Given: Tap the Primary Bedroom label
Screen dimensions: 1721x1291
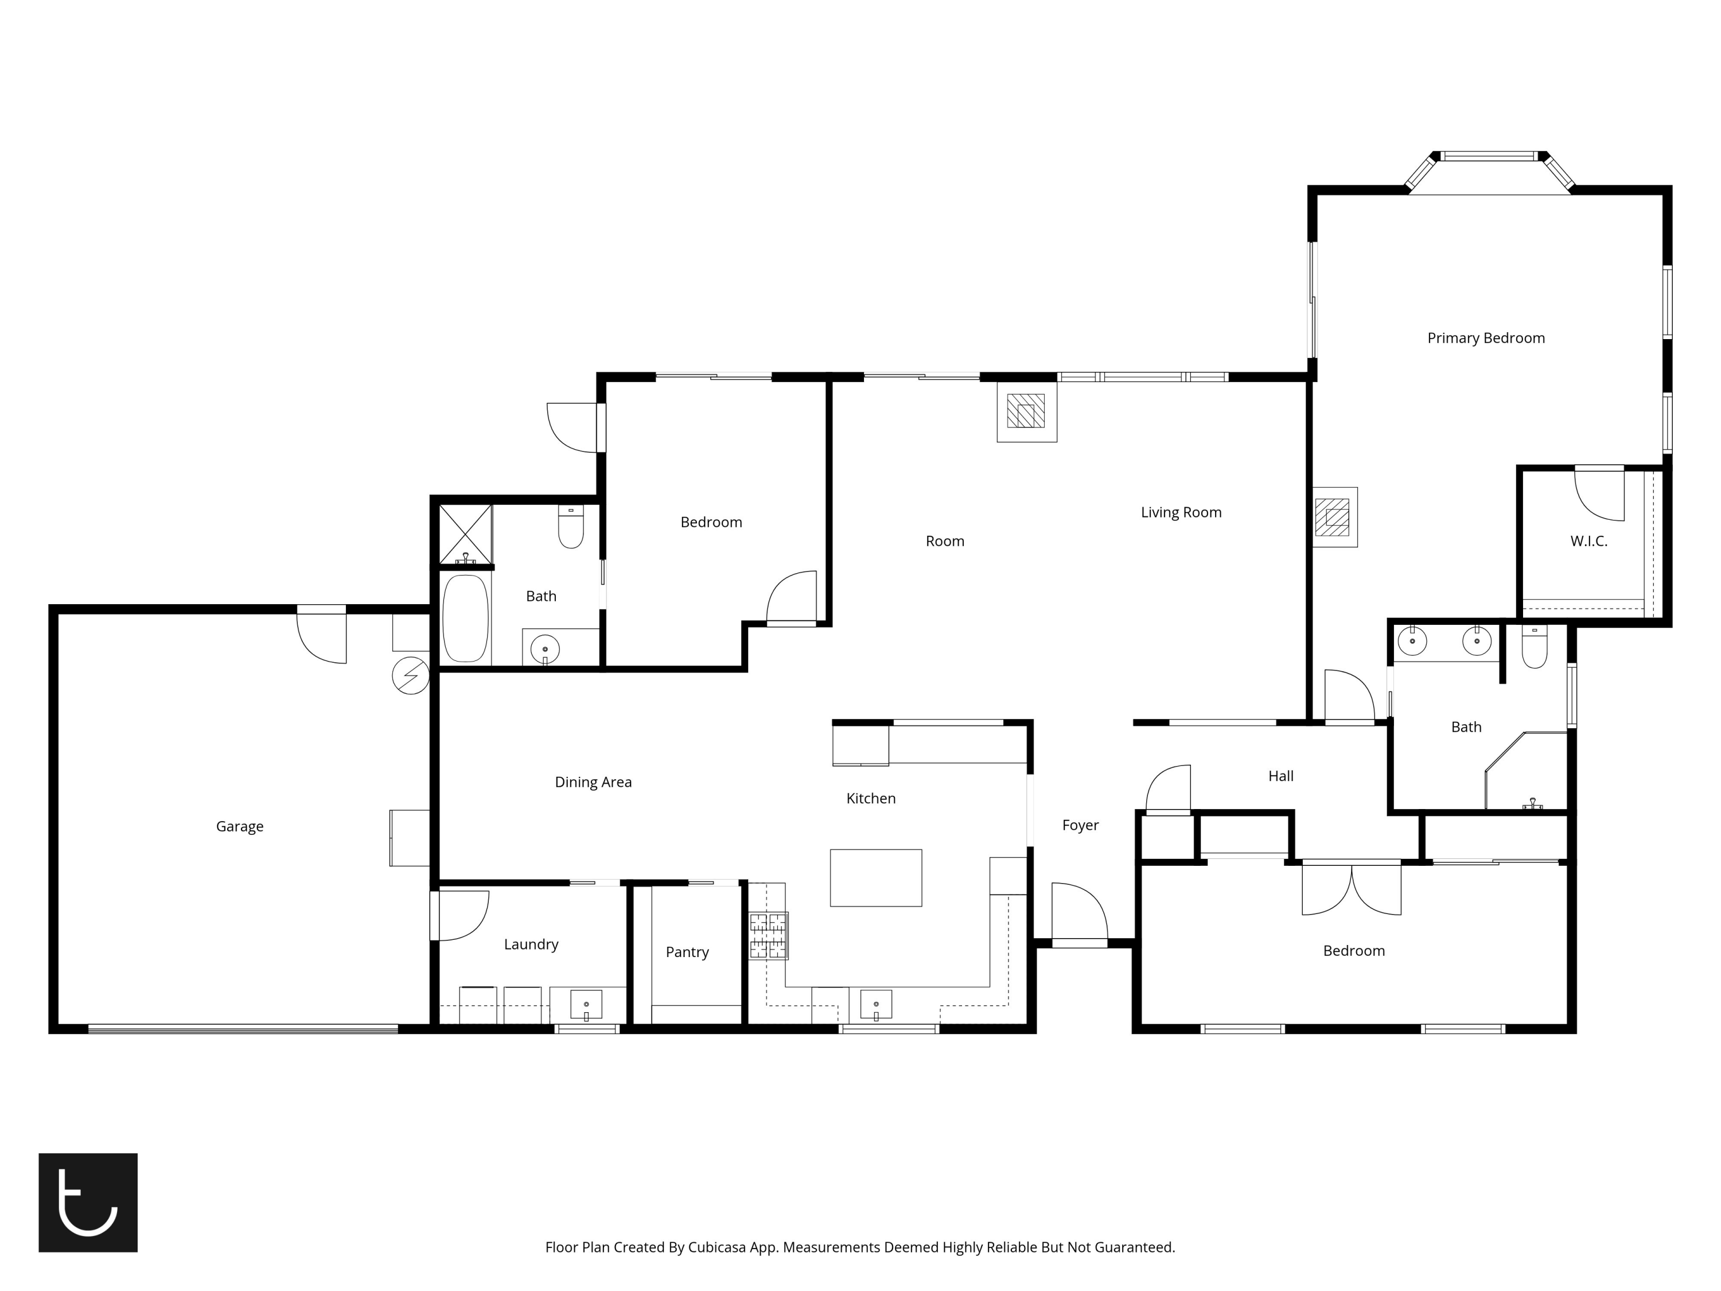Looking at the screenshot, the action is (x=1486, y=339).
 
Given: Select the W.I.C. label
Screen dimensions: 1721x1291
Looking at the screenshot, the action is (x=1588, y=541).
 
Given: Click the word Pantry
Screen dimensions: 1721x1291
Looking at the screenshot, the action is (x=687, y=952).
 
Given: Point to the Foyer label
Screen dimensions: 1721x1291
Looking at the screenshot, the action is (x=1080, y=826).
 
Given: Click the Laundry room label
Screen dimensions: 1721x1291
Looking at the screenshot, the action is (x=531, y=944).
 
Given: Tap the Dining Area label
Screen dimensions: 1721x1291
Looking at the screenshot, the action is (x=593, y=782).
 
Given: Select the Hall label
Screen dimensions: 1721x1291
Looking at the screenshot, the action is (x=1280, y=776).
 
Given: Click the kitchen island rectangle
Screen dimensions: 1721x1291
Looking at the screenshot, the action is (x=876, y=878).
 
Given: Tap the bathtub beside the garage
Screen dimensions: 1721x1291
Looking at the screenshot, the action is (x=465, y=619).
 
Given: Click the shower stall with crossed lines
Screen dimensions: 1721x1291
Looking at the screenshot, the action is (x=465, y=534).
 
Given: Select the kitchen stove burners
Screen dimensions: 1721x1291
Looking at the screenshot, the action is (x=769, y=935).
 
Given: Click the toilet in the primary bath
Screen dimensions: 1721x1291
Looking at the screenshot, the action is (x=1535, y=647).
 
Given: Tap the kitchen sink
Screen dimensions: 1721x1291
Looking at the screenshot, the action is (x=876, y=1005).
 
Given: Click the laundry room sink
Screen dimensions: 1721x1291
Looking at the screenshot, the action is (x=586, y=1005).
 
